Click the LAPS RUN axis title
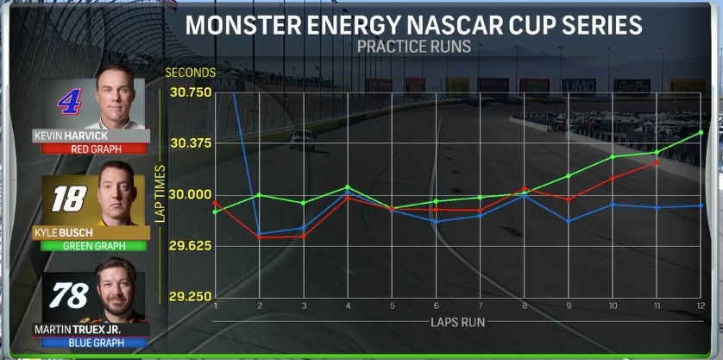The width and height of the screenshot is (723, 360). [x=458, y=323]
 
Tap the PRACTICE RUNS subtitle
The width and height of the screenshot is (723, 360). [x=414, y=47]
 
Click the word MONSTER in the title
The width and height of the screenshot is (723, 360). [x=241, y=24]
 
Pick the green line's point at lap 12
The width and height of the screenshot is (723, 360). [x=701, y=132]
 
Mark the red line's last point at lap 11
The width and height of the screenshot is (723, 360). [x=657, y=162]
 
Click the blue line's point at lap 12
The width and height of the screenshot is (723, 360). [x=701, y=205]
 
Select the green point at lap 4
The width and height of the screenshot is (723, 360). [x=348, y=187]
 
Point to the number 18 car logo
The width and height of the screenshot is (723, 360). [x=68, y=199]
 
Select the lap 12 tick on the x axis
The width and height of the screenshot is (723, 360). [x=701, y=306]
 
